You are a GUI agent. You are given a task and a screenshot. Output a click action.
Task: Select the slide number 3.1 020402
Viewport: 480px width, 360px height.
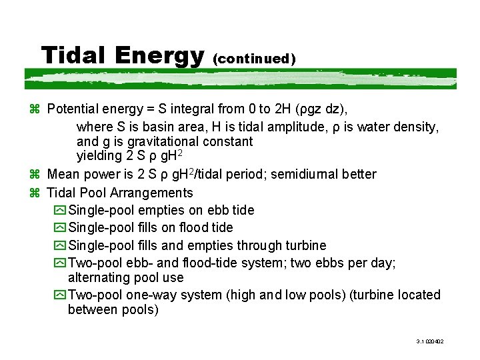(x=430, y=341)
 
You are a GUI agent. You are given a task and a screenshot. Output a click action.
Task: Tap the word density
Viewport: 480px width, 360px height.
(x=415, y=125)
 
